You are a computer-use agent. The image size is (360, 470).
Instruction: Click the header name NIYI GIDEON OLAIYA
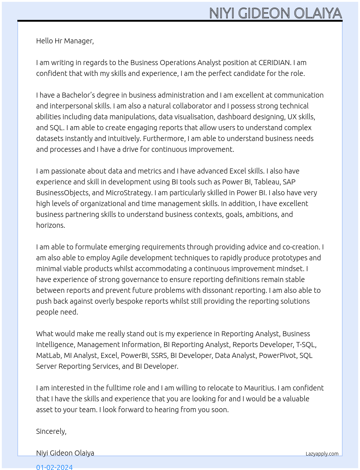click(x=275, y=13)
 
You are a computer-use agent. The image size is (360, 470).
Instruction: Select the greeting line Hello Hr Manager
click(x=65, y=41)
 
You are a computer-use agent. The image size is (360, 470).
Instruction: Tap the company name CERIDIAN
click(x=274, y=63)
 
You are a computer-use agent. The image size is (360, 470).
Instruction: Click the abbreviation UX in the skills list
click(x=292, y=117)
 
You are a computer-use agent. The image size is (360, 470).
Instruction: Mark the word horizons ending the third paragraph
click(x=50, y=225)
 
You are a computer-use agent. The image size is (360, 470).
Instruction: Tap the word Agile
click(x=120, y=258)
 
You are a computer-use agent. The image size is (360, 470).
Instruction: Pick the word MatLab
click(x=48, y=355)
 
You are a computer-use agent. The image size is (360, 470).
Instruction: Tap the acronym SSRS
click(x=159, y=355)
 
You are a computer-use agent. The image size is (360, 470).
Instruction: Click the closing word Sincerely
click(x=51, y=431)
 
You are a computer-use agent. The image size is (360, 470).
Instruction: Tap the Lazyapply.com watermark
click(x=322, y=454)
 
